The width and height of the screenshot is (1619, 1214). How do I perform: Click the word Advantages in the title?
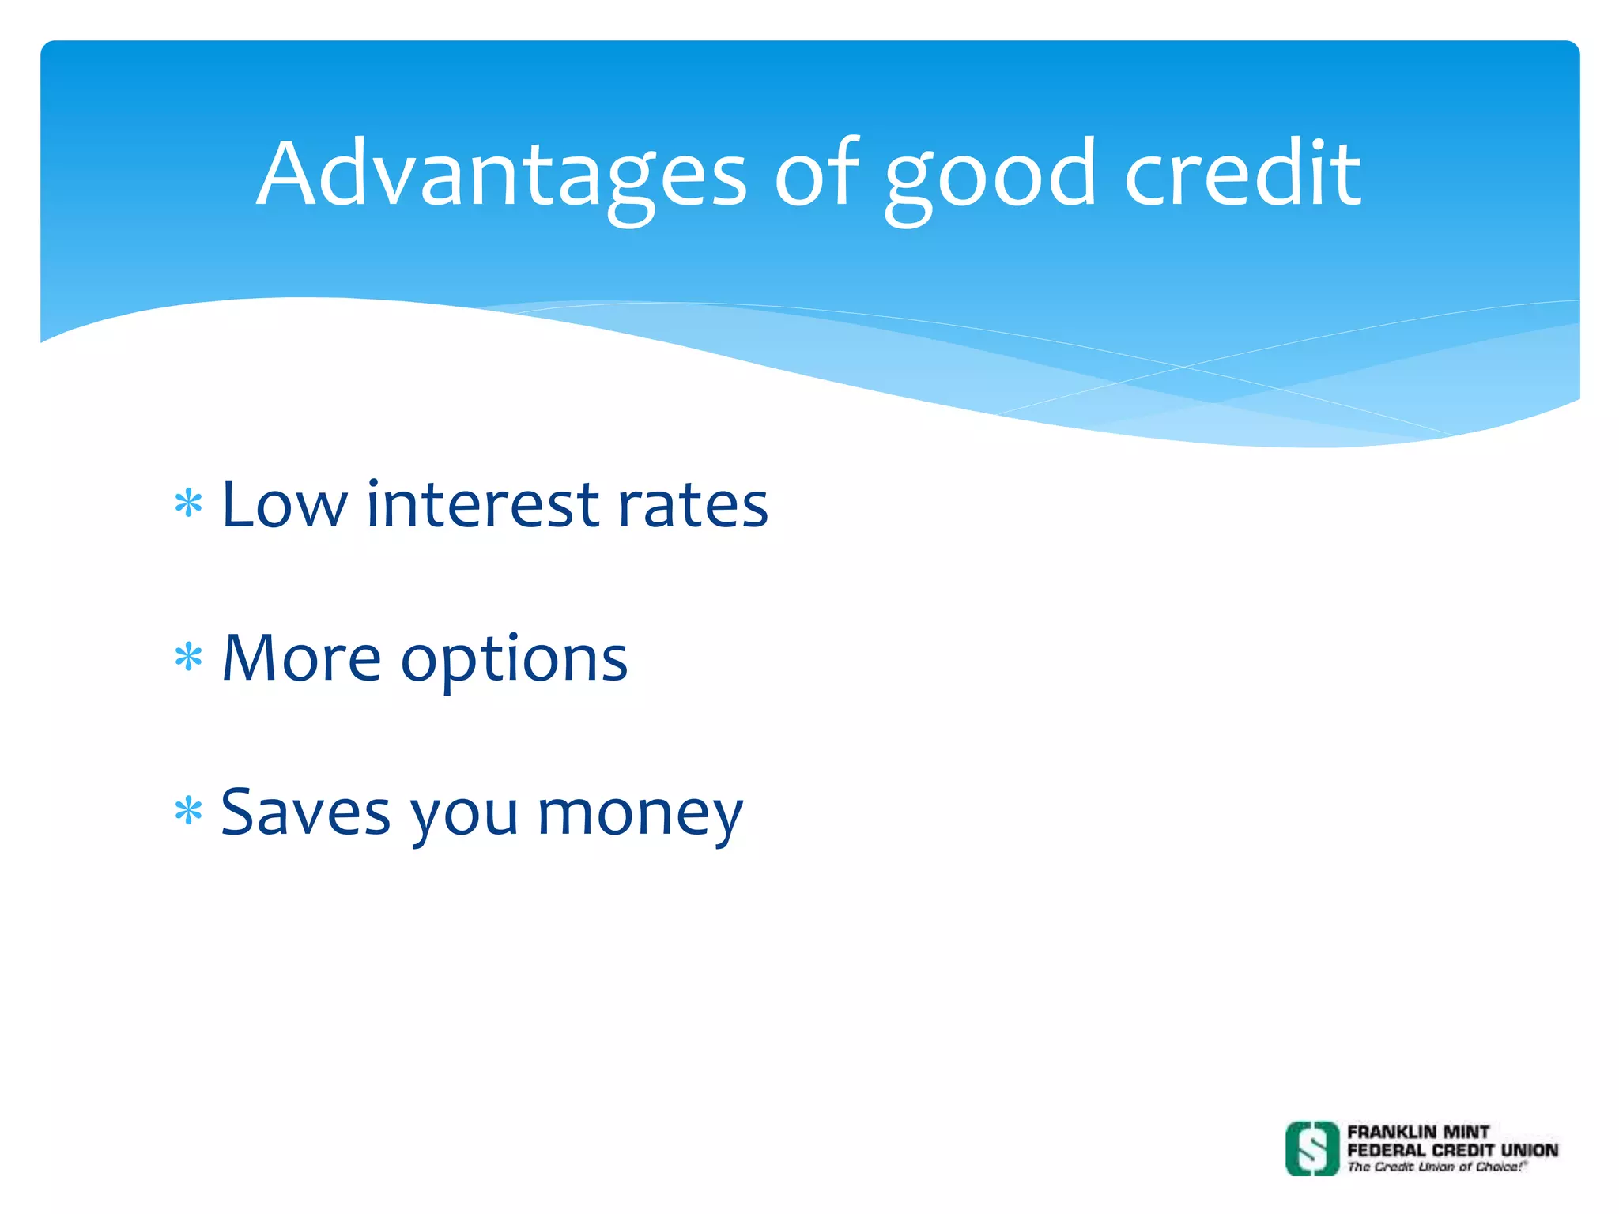point(501,175)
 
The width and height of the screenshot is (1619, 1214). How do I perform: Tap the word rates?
point(693,506)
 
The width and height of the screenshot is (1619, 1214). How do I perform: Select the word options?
point(514,662)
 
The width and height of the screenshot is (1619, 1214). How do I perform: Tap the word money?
point(640,816)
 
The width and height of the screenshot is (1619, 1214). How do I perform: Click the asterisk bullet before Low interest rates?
point(188,503)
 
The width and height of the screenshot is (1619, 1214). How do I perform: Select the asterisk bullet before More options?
point(188,657)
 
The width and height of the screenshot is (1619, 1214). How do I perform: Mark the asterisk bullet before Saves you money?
point(188,811)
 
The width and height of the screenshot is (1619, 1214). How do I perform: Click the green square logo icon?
point(1312,1148)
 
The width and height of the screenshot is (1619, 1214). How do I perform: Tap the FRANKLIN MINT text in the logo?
point(1417,1132)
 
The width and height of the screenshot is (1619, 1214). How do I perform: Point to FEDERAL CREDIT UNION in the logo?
point(1452,1150)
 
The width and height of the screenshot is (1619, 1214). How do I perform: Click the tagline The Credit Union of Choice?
point(1436,1167)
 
